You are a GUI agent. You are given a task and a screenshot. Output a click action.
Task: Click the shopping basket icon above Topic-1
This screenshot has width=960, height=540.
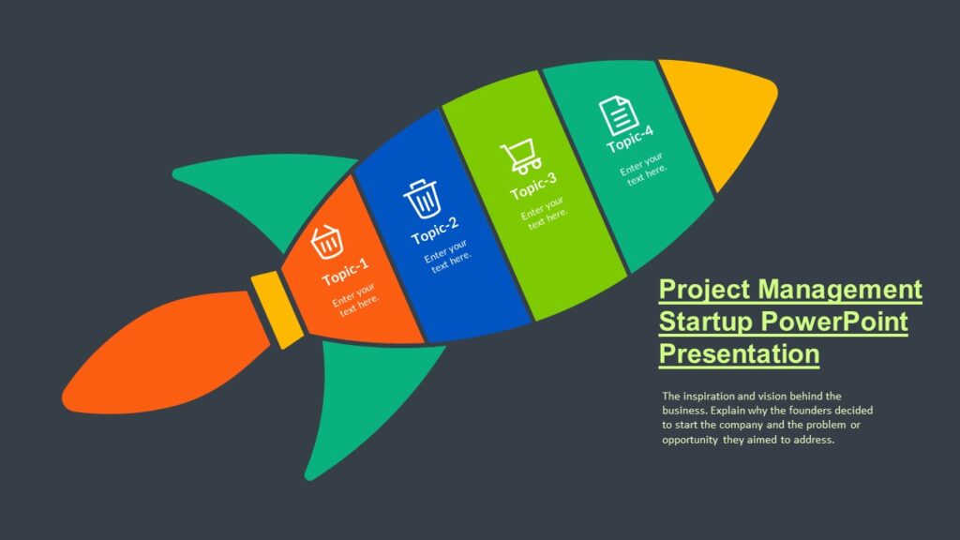[x=327, y=242]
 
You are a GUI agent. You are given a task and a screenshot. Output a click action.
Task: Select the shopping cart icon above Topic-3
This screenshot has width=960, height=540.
[x=520, y=157]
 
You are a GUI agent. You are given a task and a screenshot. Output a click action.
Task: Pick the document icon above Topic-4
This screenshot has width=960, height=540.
[x=617, y=115]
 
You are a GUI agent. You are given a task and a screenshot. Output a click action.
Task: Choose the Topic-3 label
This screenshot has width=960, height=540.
[x=533, y=186]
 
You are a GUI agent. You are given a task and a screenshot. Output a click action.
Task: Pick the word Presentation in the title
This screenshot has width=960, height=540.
[x=739, y=354]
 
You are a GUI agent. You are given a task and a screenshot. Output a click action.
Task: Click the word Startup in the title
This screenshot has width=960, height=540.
[x=705, y=322]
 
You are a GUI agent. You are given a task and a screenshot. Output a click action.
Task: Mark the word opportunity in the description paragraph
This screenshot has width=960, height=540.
[x=689, y=440]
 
